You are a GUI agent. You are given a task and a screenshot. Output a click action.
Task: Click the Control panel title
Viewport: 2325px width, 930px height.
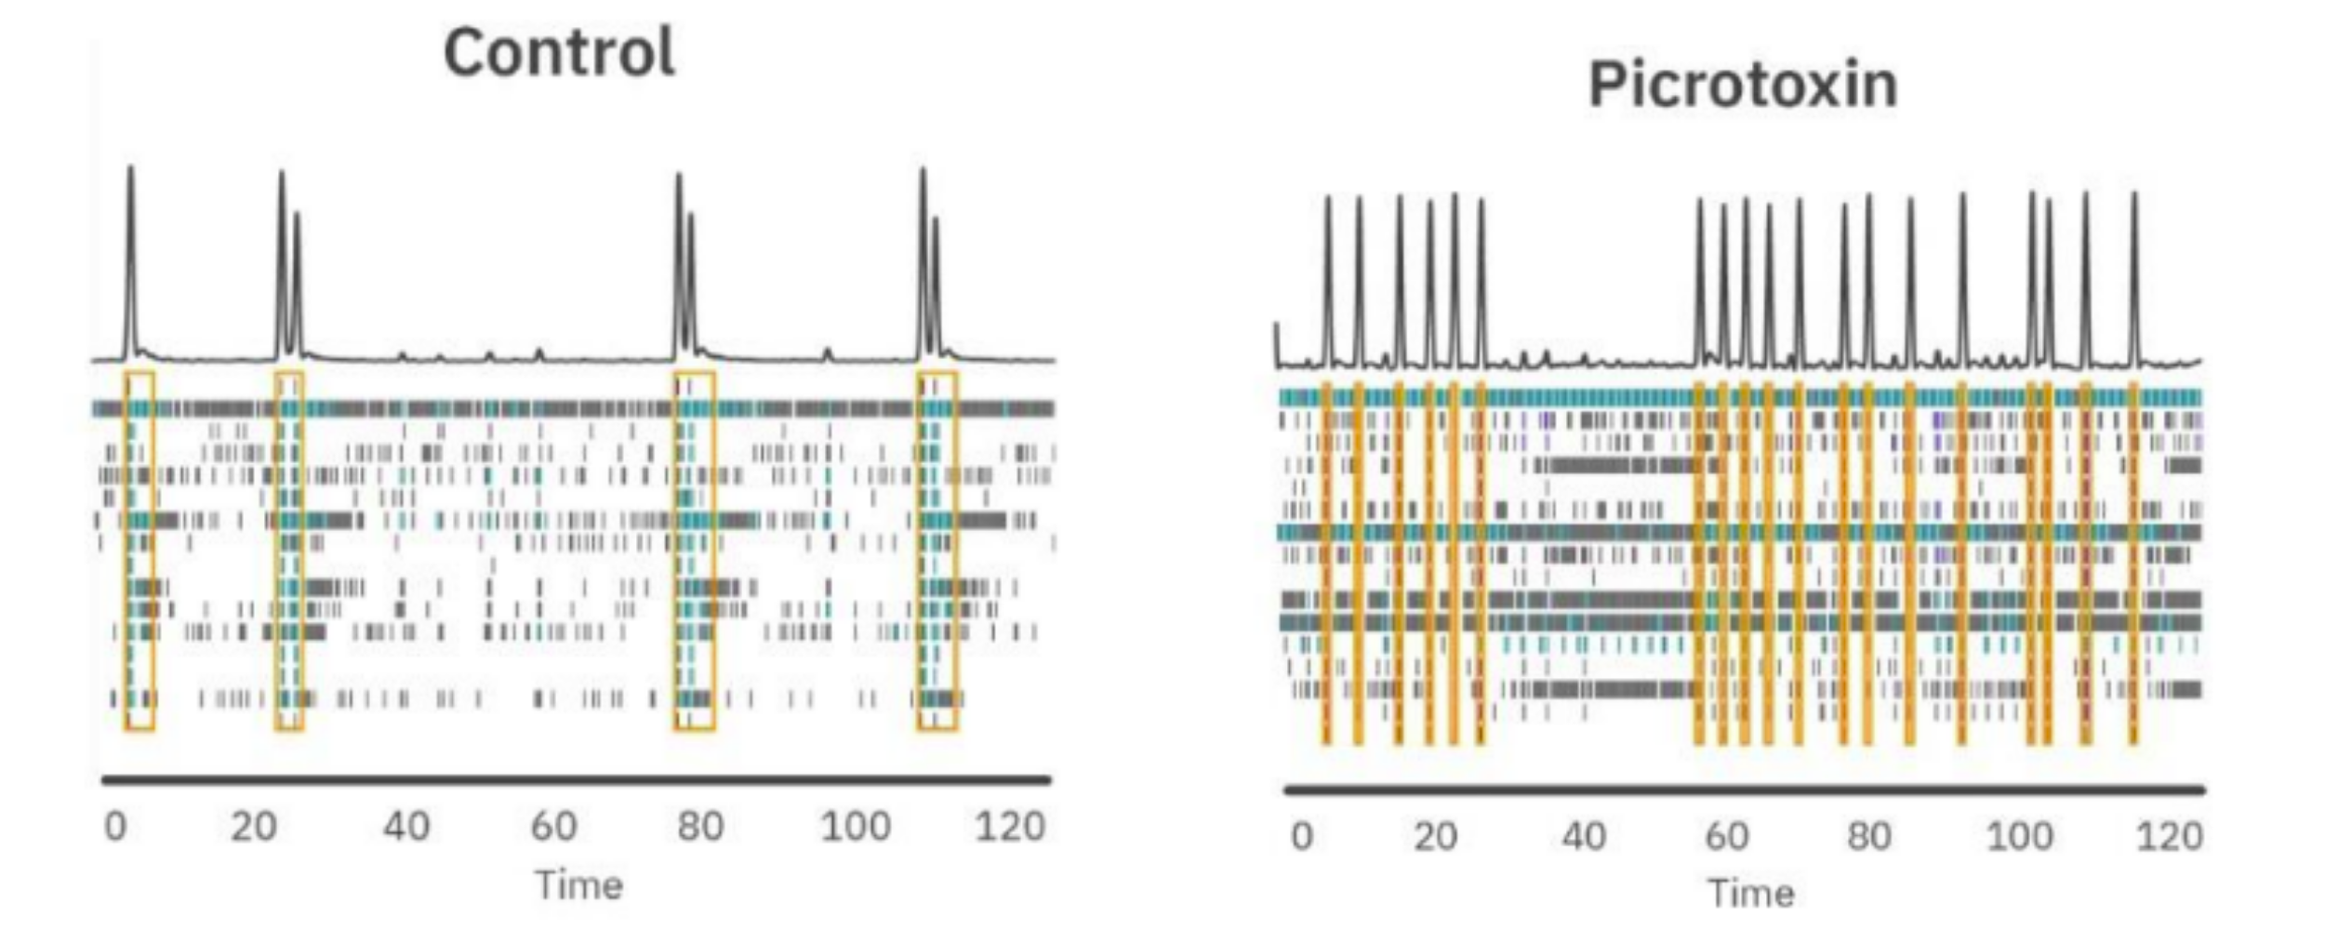559,53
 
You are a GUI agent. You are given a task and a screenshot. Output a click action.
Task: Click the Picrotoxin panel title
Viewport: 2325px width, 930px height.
1742,86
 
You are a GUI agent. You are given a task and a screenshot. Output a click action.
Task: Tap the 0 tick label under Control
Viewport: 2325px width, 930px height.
115,826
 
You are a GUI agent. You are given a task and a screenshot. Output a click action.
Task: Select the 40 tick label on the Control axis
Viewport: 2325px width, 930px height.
406,826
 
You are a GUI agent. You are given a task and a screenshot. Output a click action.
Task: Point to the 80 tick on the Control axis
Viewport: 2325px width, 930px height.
699,826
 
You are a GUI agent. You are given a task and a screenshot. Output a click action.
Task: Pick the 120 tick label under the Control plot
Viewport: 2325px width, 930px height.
1010,826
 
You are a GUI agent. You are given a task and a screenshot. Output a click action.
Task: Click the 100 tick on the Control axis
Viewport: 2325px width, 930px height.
855,826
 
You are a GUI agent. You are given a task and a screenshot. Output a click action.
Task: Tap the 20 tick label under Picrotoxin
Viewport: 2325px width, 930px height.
1435,837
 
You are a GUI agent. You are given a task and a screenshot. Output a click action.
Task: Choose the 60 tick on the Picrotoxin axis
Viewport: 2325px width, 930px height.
1726,837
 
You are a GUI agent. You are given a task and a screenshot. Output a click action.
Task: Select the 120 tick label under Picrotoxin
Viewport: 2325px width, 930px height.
2169,837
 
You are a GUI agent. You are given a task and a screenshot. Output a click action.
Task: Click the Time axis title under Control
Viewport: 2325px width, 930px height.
578,884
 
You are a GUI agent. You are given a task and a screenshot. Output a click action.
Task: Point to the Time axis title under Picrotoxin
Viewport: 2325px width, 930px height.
1751,894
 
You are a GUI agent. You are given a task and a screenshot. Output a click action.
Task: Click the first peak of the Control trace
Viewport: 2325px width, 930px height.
130,169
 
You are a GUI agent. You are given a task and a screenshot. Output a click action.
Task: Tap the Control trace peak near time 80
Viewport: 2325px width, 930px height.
679,177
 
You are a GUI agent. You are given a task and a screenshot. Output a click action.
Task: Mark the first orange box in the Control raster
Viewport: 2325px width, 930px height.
139,551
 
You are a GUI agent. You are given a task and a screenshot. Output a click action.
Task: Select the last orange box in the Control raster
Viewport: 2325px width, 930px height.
937,551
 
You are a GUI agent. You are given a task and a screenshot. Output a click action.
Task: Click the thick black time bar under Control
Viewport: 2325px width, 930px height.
577,780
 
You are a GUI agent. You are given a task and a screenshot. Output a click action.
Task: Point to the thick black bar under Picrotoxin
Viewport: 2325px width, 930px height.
1745,790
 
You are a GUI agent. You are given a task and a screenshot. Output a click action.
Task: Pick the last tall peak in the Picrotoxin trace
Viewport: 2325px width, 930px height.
2134,195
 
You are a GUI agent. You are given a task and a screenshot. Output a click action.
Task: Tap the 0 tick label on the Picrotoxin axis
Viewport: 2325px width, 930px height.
1302,837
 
